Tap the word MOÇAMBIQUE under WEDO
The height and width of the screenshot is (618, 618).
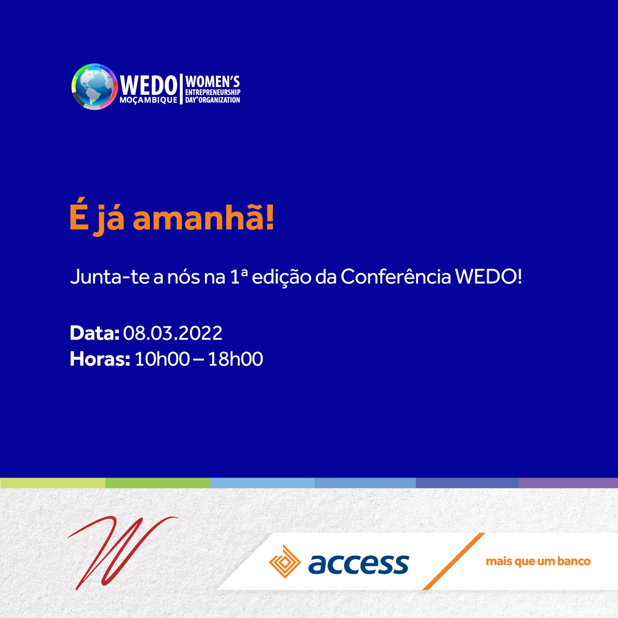148,100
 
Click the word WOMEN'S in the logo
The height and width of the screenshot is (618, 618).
212,82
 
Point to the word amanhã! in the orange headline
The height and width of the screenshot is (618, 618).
204,219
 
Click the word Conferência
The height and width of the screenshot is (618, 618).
396,278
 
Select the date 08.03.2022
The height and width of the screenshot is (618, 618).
173,333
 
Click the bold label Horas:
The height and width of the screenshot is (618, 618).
100,359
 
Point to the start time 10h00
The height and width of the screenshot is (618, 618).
162,359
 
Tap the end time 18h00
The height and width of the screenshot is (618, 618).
236,359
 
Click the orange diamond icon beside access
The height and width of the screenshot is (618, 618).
285,561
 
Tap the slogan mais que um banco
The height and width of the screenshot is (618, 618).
538,561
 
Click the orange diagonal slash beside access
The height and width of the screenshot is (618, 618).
454,561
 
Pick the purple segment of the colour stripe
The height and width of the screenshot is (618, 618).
568,483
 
